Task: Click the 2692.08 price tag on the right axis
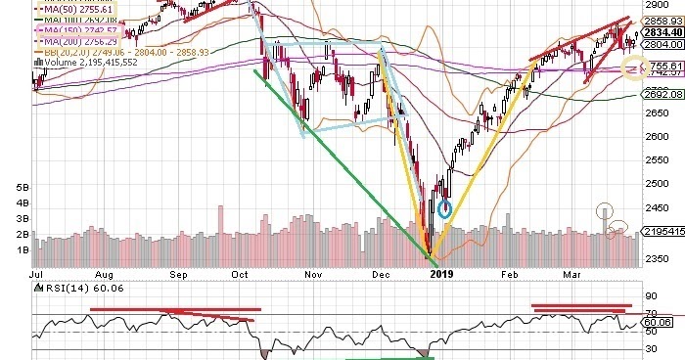[x=661, y=95]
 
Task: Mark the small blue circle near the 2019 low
[x=445, y=207]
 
